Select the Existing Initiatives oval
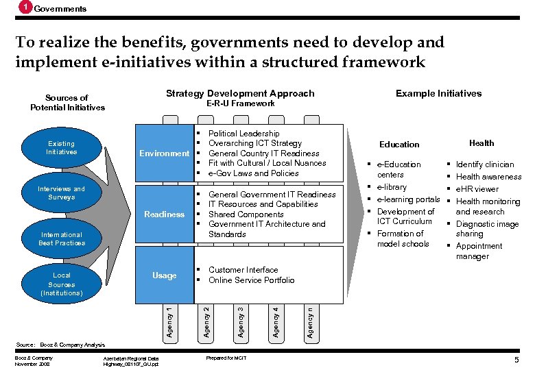point(61,147)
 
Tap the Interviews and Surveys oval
point(61,193)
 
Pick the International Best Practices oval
point(62,238)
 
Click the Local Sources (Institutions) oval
point(61,284)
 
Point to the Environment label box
point(165,153)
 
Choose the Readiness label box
point(165,214)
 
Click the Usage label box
point(165,275)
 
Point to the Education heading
point(399,144)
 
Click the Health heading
point(481,143)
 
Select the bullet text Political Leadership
point(243,133)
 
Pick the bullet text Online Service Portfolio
point(251,280)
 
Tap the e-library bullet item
point(392,187)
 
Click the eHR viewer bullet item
point(477,189)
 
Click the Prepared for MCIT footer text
point(226,358)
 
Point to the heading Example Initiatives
point(438,93)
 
